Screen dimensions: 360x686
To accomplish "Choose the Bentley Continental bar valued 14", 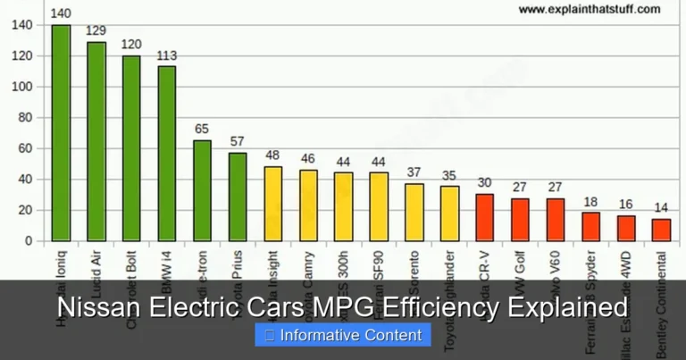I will [x=661, y=230].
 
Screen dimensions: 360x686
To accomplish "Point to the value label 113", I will [x=167, y=55].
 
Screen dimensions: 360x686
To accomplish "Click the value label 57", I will [x=238, y=142].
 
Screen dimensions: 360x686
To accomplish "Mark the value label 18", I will [x=590, y=202].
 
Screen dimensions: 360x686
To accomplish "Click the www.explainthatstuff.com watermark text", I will [x=589, y=9].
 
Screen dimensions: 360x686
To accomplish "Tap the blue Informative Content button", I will [x=343, y=336].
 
